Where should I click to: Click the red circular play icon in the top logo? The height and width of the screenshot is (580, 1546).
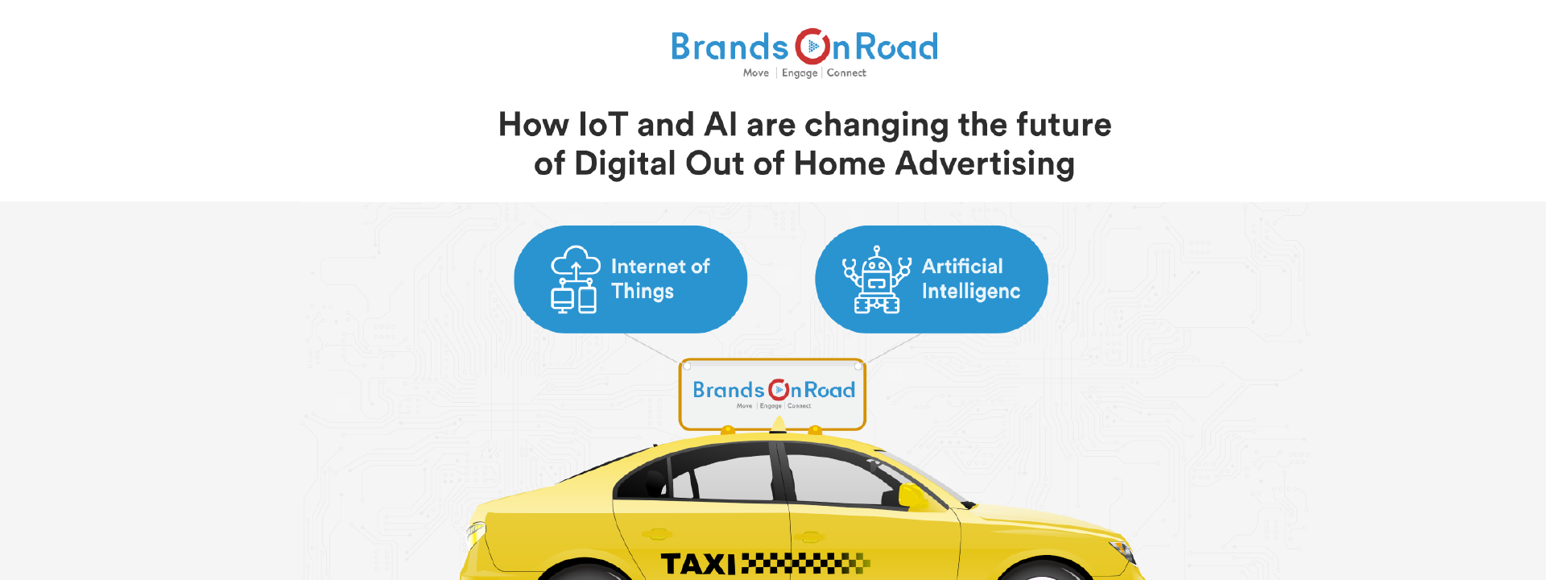[812, 47]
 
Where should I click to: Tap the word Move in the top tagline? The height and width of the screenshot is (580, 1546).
[756, 72]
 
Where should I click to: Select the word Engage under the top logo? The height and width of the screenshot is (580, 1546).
[800, 73]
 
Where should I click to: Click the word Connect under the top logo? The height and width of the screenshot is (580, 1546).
[846, 72]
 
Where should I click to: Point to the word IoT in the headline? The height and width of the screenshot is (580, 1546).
[603, 125]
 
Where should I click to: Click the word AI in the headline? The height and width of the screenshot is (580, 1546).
[721, 125]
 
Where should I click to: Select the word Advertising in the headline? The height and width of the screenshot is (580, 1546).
[985, 164]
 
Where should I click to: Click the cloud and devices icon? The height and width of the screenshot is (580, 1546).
[575, 279]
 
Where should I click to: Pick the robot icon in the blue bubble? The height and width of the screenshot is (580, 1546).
[877, 279]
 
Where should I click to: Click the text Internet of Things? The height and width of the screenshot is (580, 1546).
[660, 279]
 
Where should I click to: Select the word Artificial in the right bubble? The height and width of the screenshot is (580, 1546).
[962, 266]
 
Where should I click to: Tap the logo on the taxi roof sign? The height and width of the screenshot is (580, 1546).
[774, 392]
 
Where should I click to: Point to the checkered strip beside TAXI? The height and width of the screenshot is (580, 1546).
[805, 563]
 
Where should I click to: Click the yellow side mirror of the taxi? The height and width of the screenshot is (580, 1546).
[913, 497]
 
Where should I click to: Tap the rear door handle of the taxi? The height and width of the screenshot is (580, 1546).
[657, 534]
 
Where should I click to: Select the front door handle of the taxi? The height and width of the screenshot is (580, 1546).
[811, 536]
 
